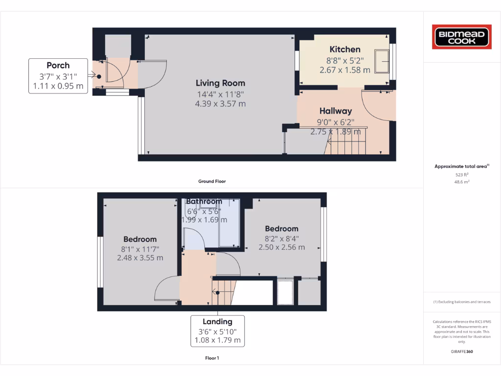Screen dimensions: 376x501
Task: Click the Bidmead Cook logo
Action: point(461,37)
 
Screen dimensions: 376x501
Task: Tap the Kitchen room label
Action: point(345,49)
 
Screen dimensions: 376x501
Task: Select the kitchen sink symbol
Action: point(381,61)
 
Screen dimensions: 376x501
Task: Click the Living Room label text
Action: point(220,83)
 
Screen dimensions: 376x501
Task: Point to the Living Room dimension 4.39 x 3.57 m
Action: point(220,104)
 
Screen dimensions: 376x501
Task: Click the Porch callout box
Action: point(58,76)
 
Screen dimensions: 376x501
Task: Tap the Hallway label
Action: point(336,111)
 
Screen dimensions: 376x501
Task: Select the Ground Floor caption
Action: point(212,181)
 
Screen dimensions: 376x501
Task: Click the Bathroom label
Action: point(204,201)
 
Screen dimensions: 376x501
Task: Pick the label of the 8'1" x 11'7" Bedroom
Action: point(140,239)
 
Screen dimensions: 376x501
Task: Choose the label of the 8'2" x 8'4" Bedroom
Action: point(281,229)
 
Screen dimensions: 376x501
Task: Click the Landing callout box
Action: point(217,331)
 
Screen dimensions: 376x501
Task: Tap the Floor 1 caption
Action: point(212,358)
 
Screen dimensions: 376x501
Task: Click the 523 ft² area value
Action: point(462,174)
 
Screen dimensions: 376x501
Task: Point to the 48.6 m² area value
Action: point(462,181)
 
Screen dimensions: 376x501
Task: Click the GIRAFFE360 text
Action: point(462,352)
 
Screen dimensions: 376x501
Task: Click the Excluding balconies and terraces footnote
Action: point(462,302)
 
